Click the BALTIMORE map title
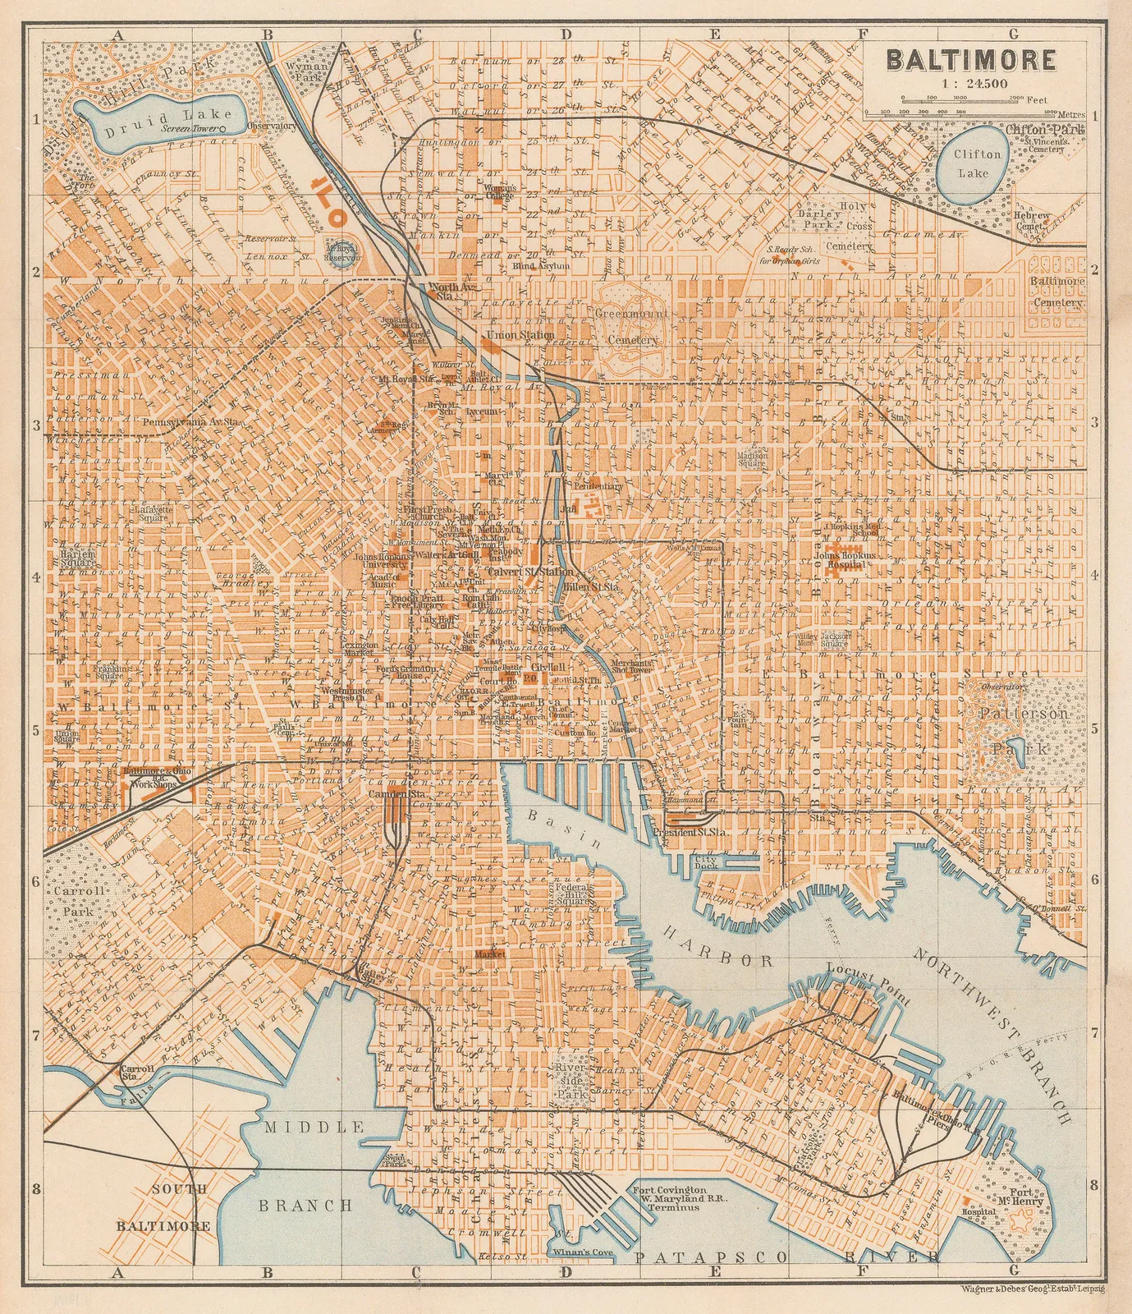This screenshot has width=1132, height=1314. point(970,61)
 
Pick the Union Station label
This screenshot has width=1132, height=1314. point(520,335)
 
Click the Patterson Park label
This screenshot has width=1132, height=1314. point(1018,731)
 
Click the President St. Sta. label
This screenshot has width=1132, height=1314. point(683,832)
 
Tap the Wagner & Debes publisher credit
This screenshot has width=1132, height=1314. point(1031,1289)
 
